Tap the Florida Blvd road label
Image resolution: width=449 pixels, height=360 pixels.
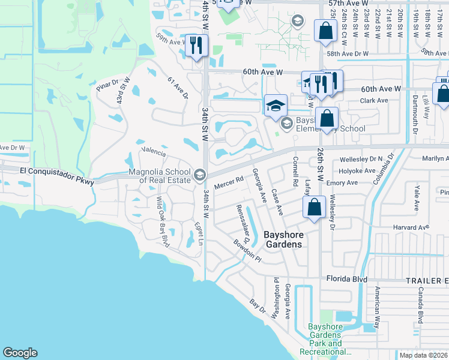(346, 279)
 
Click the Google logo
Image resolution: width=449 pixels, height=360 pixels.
(20, 353)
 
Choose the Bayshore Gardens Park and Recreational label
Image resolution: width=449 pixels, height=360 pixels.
(325, 340)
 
